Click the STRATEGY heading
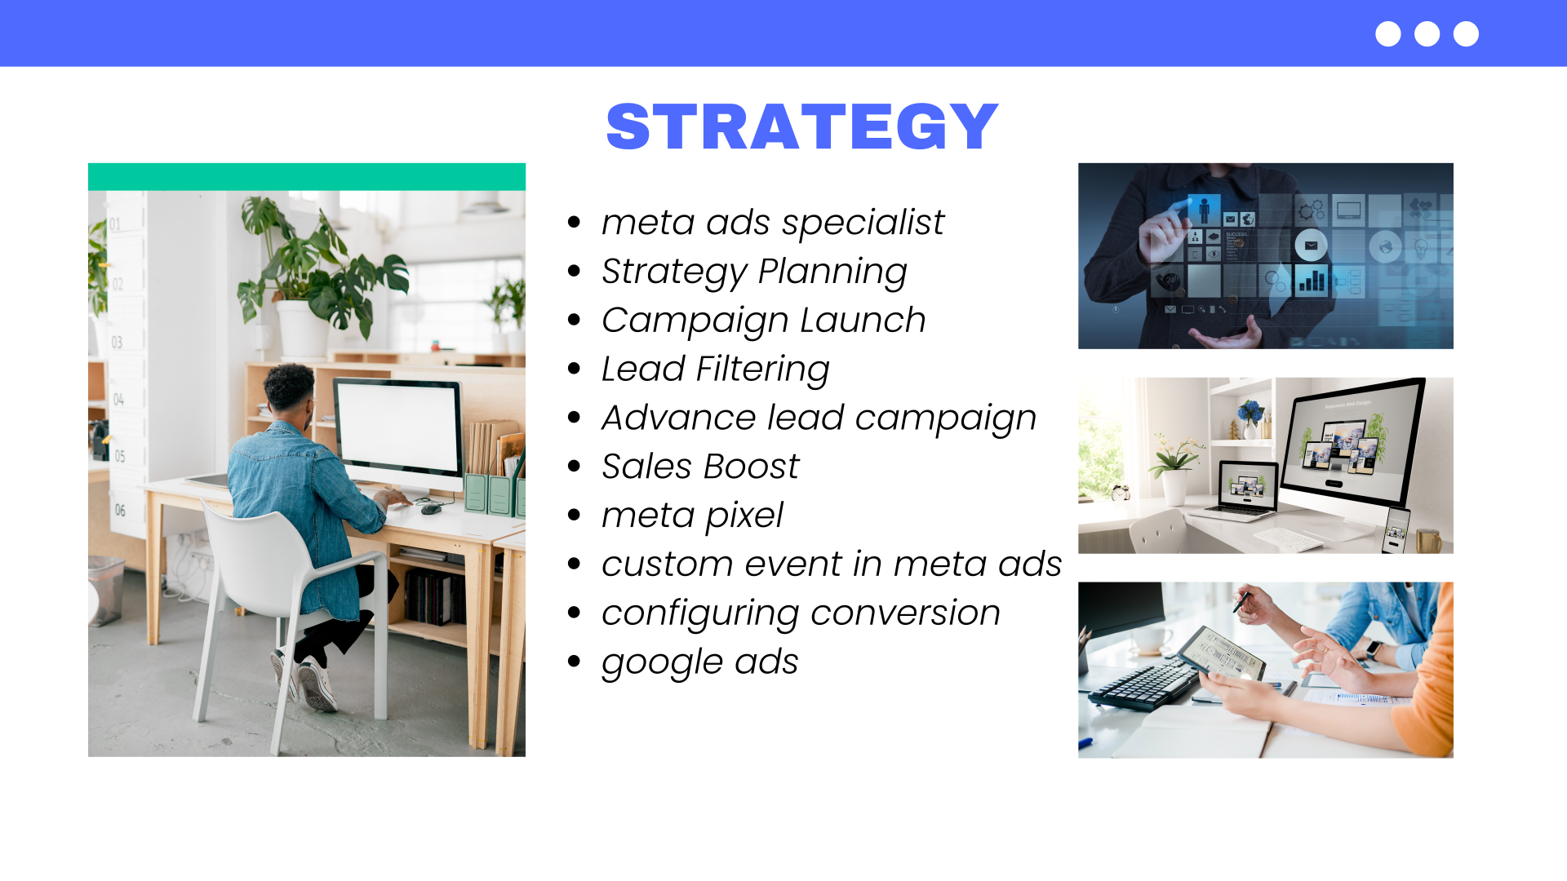click(x=802, y=127)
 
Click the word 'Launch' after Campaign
click(x=863, y=320)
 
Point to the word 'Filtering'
click(x=762, y=370)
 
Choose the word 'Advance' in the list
click(x=678, y=418)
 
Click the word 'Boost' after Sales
click(x=751, y=467)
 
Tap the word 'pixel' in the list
click(x=744, y=516)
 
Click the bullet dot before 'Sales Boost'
click(x=574, y=466)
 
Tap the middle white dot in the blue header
click(x=1427, y=34)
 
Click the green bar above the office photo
click(x=307, y=177)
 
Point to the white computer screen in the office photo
click(x=397, y=428)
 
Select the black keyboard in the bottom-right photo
click(x=1143, y=684)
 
